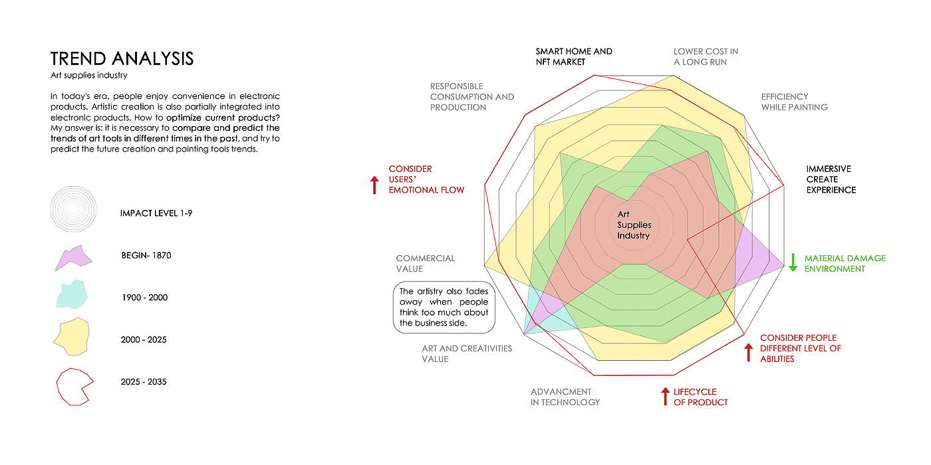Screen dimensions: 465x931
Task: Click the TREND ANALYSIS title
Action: [122, 58]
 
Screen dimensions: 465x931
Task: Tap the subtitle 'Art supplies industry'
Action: [88, 76]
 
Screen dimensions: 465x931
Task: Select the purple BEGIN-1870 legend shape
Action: [74, 258]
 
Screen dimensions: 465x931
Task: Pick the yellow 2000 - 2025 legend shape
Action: [72, 337]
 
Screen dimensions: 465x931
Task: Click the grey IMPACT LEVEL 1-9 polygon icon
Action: [73, 209]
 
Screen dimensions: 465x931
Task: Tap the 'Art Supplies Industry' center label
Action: [634, 225]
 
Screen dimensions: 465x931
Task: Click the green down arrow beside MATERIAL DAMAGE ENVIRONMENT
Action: [793, 262]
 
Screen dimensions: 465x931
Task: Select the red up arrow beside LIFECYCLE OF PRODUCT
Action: [664, 397]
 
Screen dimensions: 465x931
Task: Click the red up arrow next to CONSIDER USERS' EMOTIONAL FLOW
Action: [375, 185]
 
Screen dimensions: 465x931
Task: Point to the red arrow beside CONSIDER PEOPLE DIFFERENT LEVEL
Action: [749, 352]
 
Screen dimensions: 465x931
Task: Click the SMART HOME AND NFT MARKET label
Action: [574, 56]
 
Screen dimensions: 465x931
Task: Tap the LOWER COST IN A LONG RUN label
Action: [706, 56]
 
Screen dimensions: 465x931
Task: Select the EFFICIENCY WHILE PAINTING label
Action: [794, 102]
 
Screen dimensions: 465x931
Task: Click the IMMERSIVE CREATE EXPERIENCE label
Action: [831, 179]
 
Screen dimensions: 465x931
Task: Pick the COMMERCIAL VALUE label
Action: [425, 263]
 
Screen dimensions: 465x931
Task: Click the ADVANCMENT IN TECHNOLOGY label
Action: [565, 397]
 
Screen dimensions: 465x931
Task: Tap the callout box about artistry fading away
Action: [444, 308]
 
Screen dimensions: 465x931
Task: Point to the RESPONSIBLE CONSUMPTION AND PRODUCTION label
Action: [471, 96]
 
